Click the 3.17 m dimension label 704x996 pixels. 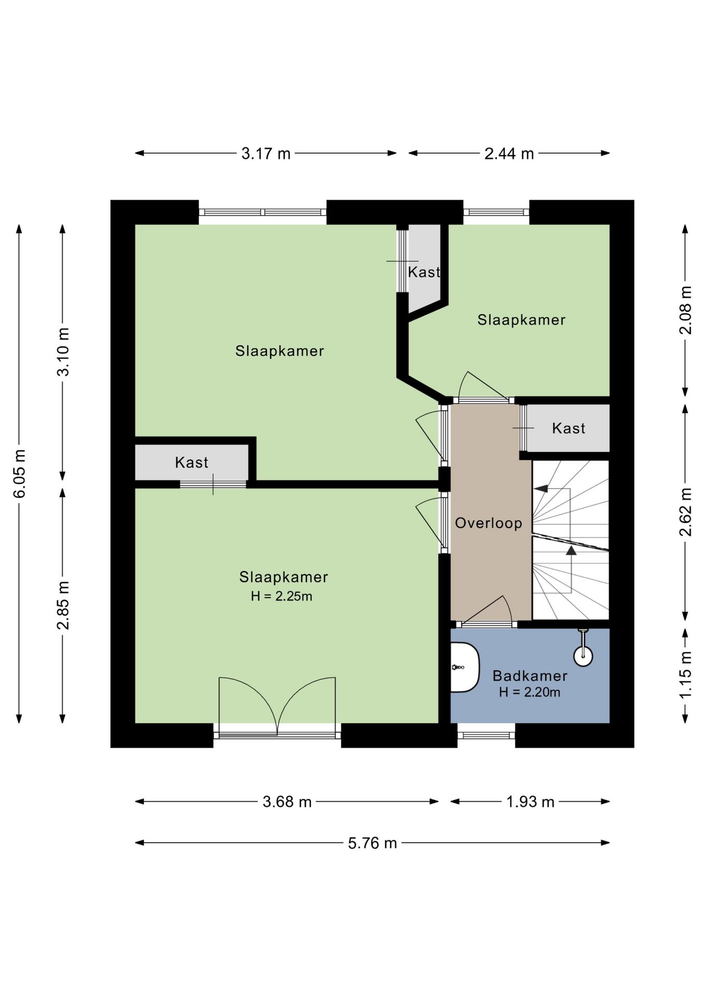265,154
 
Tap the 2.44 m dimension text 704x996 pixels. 509,154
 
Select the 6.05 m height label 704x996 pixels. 20,473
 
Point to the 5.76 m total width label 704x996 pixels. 372,843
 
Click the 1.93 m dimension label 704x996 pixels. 530,802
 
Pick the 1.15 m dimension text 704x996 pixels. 685,674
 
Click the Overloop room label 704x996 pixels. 488,523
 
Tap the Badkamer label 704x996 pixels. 529,675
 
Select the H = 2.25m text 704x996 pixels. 281,597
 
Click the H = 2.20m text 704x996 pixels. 529,692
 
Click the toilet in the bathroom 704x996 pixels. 463,667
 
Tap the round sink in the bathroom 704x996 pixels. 583,656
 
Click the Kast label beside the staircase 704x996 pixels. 568,428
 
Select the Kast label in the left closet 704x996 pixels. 191,463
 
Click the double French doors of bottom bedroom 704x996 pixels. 277,706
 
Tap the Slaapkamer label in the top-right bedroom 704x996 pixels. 521,320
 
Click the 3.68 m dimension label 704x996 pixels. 287,802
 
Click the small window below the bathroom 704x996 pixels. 486,735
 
